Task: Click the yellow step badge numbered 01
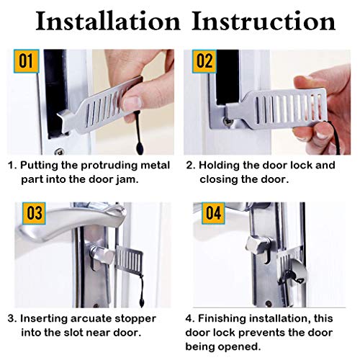[x=27, y=61]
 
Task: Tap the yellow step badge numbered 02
[x=204, y=61]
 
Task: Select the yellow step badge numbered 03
[x=34, y=213]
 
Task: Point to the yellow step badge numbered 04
[x=213, y=213]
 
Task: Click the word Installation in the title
[x=108, y=22]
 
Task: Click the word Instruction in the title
[x=264, y=22]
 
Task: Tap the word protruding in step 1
[x=109, y=166]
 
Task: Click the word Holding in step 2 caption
[x=219, y=166]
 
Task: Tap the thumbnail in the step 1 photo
[x=132, y=103]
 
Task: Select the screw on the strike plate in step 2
[x=227, y=121]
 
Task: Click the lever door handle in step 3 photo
[x=70, y=222]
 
